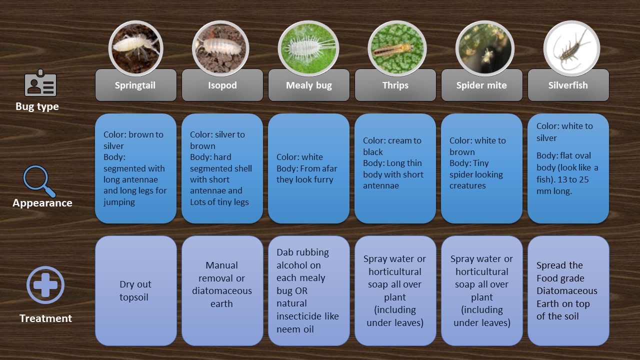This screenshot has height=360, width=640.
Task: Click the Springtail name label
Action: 135,85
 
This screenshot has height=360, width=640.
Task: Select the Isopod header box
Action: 222,85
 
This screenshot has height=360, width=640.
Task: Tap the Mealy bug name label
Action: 309,85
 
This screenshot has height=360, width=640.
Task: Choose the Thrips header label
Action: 395,85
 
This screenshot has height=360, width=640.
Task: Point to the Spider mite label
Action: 481,85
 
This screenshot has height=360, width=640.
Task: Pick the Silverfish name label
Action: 568,85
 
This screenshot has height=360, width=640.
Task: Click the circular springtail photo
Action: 135,48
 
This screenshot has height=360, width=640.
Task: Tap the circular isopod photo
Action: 220,48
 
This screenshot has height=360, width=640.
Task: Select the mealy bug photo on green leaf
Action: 308,48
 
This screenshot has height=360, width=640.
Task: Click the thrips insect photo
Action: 397,48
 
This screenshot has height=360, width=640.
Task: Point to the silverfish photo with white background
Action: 571,48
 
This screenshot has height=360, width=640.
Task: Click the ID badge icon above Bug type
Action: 40,83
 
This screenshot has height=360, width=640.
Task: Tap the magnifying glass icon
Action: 39,181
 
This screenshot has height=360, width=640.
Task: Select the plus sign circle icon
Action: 45,285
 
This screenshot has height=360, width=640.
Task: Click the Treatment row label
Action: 45,318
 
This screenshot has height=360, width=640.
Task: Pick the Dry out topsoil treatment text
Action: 135,290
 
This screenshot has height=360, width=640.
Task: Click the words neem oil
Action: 295,329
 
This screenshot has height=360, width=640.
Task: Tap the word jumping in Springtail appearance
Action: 119,202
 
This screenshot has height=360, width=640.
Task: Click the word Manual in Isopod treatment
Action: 221,265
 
